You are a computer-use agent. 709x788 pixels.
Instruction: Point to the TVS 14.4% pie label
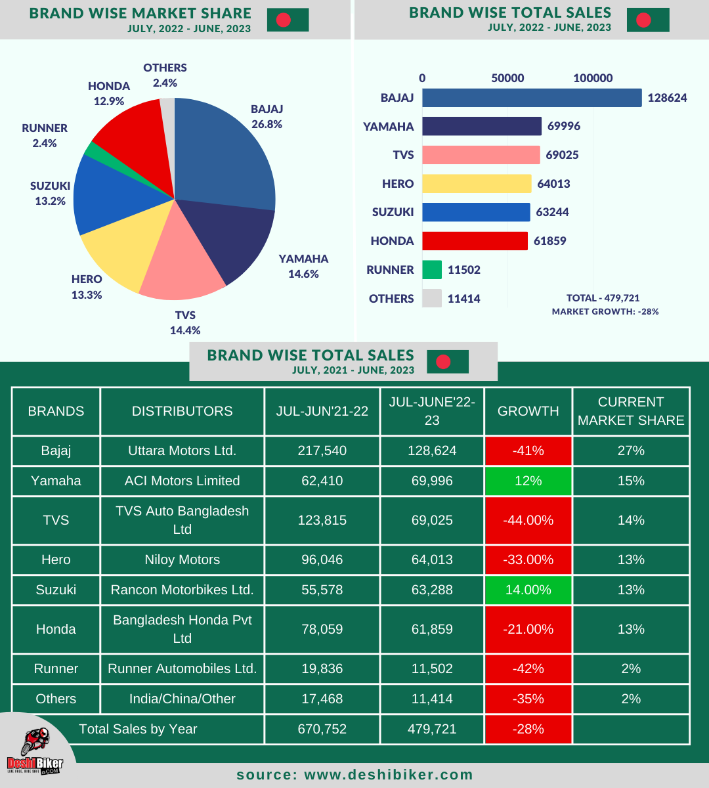[185, 322]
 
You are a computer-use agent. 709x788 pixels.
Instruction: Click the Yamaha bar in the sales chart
[481, 126]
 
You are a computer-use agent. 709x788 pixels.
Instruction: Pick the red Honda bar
[474, 241]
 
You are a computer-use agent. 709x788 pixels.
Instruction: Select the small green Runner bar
[432, 270]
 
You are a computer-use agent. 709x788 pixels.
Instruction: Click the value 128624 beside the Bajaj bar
[667, 98]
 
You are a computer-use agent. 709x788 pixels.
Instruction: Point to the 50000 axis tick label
[507, 78]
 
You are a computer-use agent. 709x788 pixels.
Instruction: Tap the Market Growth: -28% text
[605, 311]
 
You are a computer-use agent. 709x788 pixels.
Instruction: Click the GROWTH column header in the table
[528, 411]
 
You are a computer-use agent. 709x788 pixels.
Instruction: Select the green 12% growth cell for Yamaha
[528, 481]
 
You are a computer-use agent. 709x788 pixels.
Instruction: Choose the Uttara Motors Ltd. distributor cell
[182, 450]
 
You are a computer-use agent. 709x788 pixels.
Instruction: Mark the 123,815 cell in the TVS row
[322, 520]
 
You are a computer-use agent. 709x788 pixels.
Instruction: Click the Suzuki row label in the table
[56, 590]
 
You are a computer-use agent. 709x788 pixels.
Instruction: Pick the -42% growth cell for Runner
[528, 668]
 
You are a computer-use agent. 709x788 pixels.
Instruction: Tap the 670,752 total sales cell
[322, 729]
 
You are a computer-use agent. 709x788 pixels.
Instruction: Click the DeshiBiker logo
[35, 752]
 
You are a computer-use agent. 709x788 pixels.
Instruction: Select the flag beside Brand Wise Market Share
[288, 20]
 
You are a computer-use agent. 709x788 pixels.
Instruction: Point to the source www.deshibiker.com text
[354, 775]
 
